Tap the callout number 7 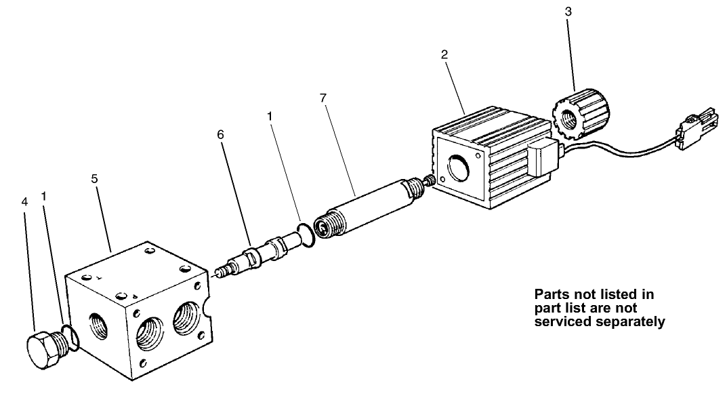coord(323,99)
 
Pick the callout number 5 coord(95,179)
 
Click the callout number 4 coord(24,202)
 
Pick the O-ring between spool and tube coord(305,234)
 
